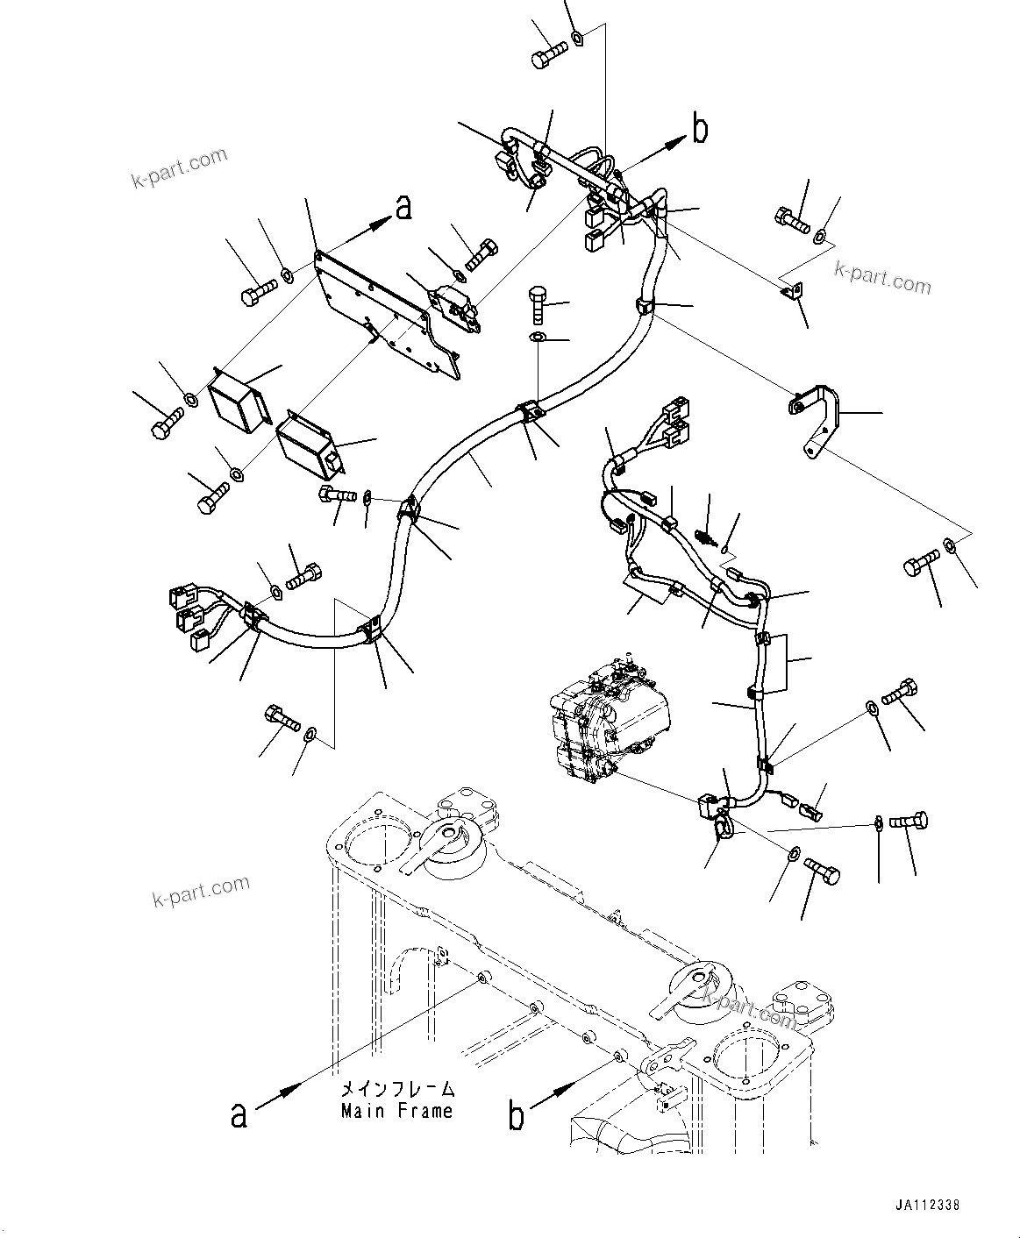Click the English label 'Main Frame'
click(x=396, y=1111)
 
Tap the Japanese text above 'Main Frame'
click(x=397, y=1090)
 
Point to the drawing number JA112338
click(x=928, y=1206)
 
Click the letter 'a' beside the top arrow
click(x=403, y=208)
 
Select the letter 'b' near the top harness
click(x=700, y=129)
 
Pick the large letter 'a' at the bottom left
click(x=238, y=1113)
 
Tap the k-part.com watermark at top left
click(x=179, y=169)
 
